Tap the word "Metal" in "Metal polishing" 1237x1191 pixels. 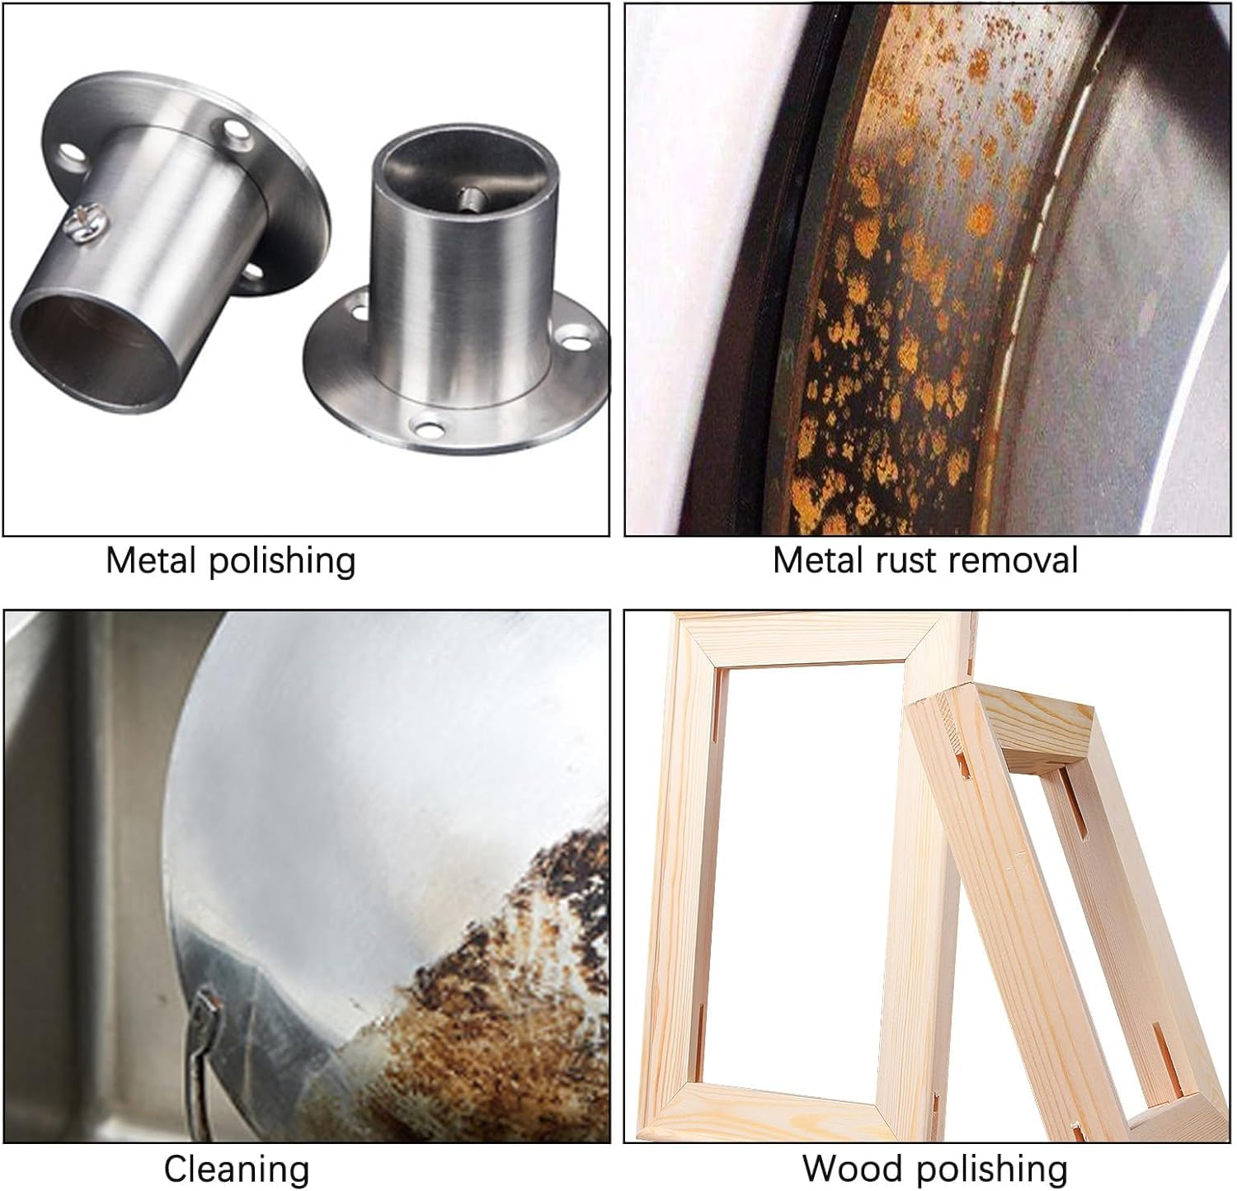(x=152, y=560)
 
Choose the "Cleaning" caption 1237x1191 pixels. (x=237, y=1169)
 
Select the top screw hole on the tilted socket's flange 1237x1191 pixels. (x=235, y=129)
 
